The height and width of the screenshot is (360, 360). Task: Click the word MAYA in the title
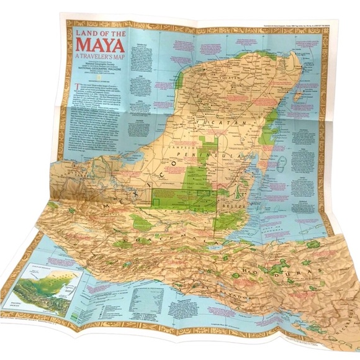(x=100, y=46)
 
